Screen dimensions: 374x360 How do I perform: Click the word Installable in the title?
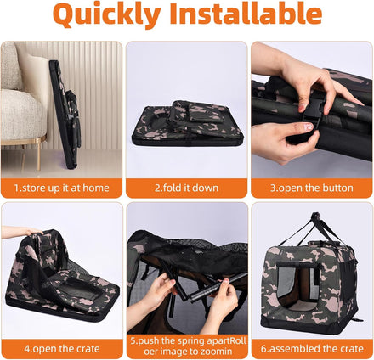(x=246, y=13)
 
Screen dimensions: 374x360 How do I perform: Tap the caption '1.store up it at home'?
(x=62, y=188)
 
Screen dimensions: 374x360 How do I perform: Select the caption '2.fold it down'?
(x=186, y=188)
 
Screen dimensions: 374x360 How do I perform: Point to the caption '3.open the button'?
(x=311, y=188)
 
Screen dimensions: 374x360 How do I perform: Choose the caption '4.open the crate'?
(x=62, y=349)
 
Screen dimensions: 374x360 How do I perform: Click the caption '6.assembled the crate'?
(x=312, y=349)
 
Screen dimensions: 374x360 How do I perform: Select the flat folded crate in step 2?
(x=187, y=124)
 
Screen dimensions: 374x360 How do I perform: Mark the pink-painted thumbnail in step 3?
(x=308, y=127)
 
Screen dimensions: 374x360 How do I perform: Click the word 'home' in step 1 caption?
(x=97, y=188)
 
